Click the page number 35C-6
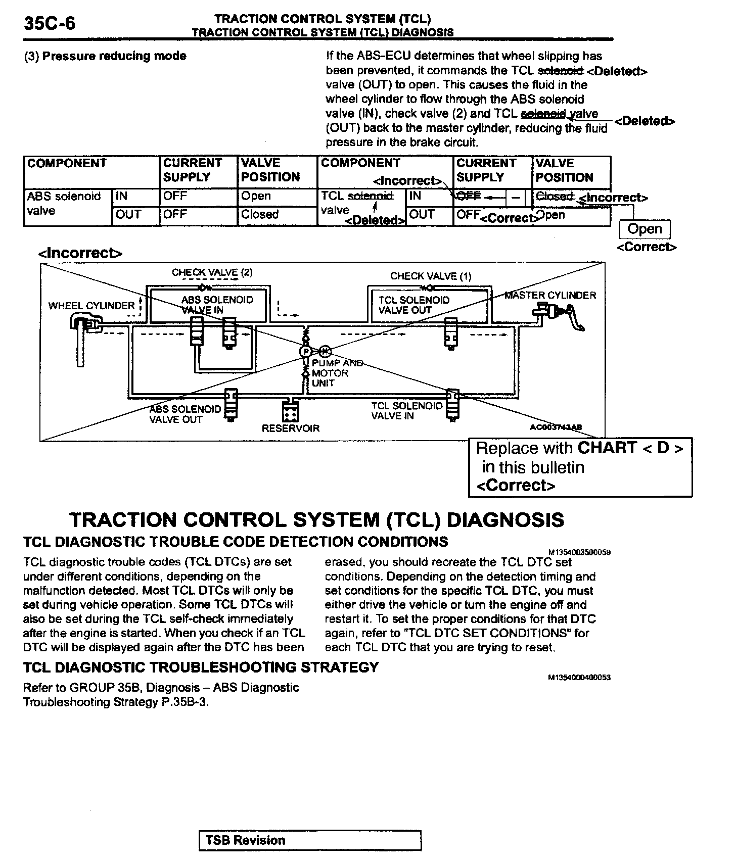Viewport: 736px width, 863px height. (x=49, y=23)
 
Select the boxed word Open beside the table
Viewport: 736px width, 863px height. (x=645, y=229)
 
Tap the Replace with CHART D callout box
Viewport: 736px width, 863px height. (x=580, y=467)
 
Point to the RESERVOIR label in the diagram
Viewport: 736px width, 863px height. (x=291, y=428)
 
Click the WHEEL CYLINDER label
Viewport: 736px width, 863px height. (x=91, y=306)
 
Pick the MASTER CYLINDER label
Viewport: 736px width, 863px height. (x=550, y=296)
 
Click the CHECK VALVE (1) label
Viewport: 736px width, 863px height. (x=431, y=276)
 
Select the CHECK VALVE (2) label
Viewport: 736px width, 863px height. (x=212, y=273)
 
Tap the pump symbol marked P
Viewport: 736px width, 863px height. (x=306, y=351)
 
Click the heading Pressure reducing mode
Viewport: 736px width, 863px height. (x=114, y=56)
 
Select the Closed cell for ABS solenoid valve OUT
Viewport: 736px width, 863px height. (x=260, y=214)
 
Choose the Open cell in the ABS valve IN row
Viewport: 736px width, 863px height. (x=256, y=196)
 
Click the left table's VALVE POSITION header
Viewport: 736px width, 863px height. (x=270, y=170)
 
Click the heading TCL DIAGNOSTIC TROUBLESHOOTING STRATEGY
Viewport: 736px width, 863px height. (x=201, y=667)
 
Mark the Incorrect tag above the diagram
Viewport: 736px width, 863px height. (x=80, y=253)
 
